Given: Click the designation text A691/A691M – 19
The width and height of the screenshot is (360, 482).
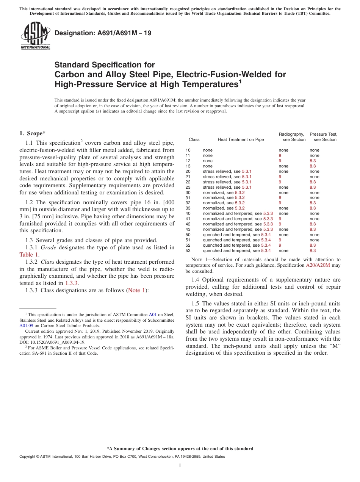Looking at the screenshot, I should pyautogui.click(x=103, y=33).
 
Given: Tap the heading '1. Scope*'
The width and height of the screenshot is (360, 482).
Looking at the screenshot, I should pyautogui.click(x=32, y=133).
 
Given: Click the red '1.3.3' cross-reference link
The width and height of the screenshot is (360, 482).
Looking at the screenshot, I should pyautogui.click(x=72, y=283).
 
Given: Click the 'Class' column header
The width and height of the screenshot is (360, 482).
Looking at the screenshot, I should pyautogui.click(x=194, y=139).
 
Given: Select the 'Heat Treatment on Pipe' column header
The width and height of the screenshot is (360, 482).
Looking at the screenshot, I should pyautogui.click(x=241, y=139).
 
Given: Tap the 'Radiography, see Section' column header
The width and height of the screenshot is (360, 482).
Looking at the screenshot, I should pyautogui.click(x=292, y=137).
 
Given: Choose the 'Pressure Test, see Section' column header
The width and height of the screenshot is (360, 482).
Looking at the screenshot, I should pyautogui.click(x=324, y=137).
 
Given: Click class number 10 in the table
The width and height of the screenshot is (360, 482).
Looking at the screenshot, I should pyautogui.click(x=188, y=150).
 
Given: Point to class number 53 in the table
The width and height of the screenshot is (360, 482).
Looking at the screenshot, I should pyautogui.click(x=188, y=250).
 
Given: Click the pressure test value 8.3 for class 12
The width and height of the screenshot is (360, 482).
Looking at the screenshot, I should pyautogui.click(x=313, y=161).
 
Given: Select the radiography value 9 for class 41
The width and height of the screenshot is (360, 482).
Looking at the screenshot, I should pyautogui.click(x=280, y=219).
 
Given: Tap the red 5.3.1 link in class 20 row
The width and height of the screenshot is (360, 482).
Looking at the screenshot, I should pyautogui.click(x=246, y=171).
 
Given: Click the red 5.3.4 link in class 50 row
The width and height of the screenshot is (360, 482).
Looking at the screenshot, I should pyautogui.click(x=266, y=235).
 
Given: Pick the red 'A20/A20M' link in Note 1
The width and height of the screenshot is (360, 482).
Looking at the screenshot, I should pyautogui.click(x=318, y=265).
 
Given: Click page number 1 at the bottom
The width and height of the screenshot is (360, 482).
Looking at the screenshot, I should pyautogui.click(x=180, y=465).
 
